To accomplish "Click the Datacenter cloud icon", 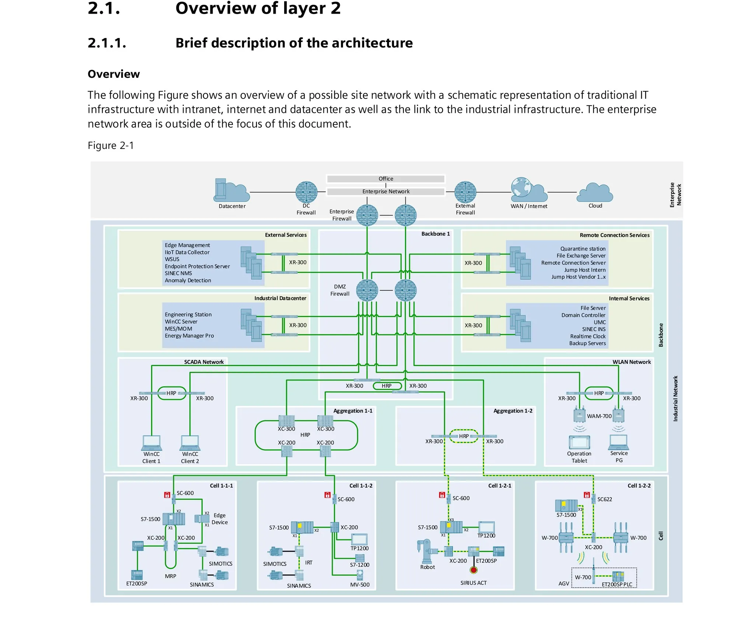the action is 231,190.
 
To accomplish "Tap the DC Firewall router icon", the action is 306,192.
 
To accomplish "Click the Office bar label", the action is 386,179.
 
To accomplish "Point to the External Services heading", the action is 286,235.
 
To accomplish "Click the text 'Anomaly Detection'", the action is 188,280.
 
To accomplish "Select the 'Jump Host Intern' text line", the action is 585,270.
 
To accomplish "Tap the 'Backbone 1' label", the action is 436,234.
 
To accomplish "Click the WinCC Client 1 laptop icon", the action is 151,443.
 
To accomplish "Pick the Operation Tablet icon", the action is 579,442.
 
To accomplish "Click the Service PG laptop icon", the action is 619,442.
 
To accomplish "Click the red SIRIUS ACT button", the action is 474,570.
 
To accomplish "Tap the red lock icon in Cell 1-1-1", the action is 167,495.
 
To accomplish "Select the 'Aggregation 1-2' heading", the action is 513,411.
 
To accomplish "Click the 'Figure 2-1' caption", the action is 111,146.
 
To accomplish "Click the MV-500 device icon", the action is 360,574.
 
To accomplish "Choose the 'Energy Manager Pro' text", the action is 189,336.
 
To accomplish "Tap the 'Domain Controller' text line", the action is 583,315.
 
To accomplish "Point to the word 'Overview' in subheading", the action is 114,74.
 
